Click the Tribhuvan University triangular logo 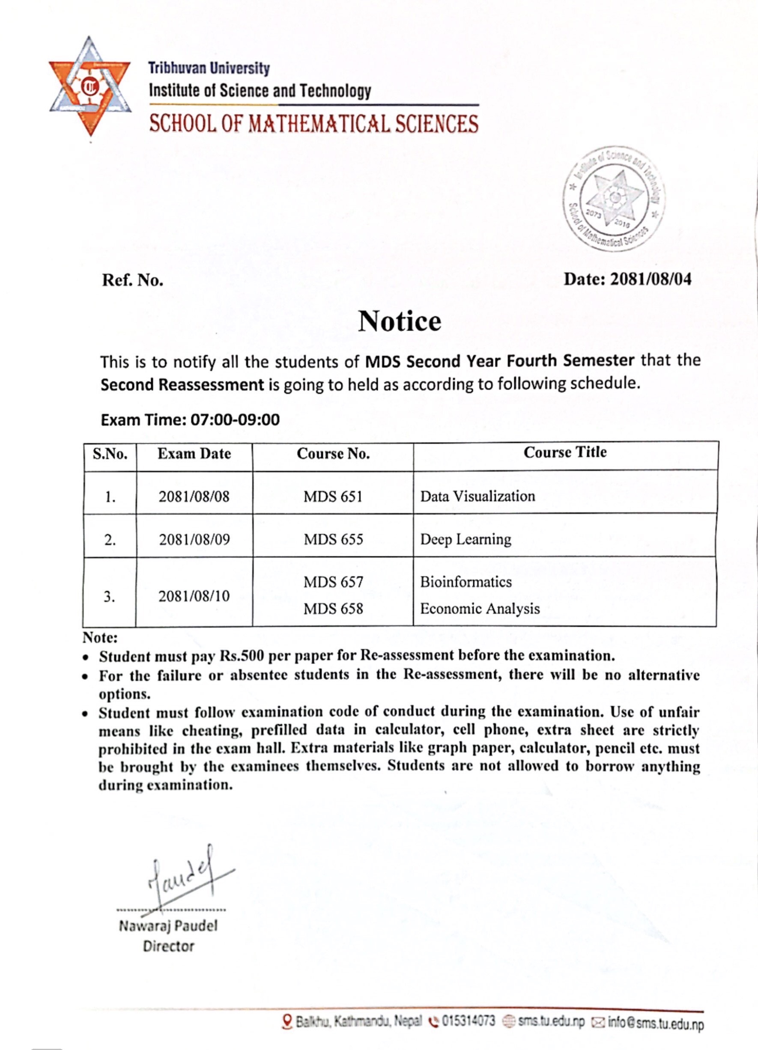pyautogui.click(x=90, y=86)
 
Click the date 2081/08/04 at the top pyautogui.click(x=650, y=279)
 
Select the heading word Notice pyautogui.click(x=399, y=321)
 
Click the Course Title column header pyautogui.click(x=565, y=452)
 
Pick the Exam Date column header pyautogui.click(x=194, y=454)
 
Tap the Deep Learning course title pyautogui.click(x=466, y=539)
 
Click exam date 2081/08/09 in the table pyautogui.click(x=194, y=539)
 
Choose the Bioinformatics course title pyautogui.click(x=466, y=582)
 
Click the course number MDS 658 pyautogui.click(x=333, y=608)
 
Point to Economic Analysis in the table pyautogui.click(x=480, y=608)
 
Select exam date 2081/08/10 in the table pyautogui.click(x=194, y=596)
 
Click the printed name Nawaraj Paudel pyautogui.click(x=167, y=926)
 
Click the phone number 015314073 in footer pyautogui.click(x=468, y=1021)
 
